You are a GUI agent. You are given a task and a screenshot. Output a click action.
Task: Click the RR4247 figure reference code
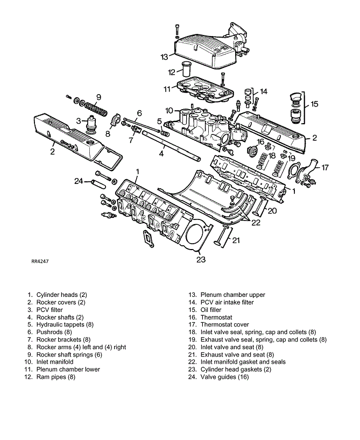[40, 261]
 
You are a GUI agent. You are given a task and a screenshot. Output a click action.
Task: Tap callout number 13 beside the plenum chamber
[164, 57]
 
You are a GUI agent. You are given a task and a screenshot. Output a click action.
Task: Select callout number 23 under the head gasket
[201, 260]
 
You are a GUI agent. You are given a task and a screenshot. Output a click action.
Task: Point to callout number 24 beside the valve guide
[79, 181]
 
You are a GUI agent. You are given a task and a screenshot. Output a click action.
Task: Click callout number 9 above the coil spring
[98, 97]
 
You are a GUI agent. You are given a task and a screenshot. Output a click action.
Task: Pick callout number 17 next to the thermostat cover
[325, 168]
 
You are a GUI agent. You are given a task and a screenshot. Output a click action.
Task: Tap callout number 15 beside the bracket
[314, 104]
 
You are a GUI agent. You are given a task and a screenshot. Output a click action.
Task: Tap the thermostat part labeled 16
[253, 151]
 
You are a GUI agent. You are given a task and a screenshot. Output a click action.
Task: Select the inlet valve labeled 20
[260, 207]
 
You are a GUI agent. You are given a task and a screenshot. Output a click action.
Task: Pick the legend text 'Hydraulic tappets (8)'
[65, 325]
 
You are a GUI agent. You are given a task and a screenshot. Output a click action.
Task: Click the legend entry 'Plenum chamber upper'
[233, 295]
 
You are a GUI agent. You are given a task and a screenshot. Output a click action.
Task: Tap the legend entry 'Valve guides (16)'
[224, 377]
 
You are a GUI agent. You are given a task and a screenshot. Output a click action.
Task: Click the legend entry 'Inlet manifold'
[55, 362]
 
